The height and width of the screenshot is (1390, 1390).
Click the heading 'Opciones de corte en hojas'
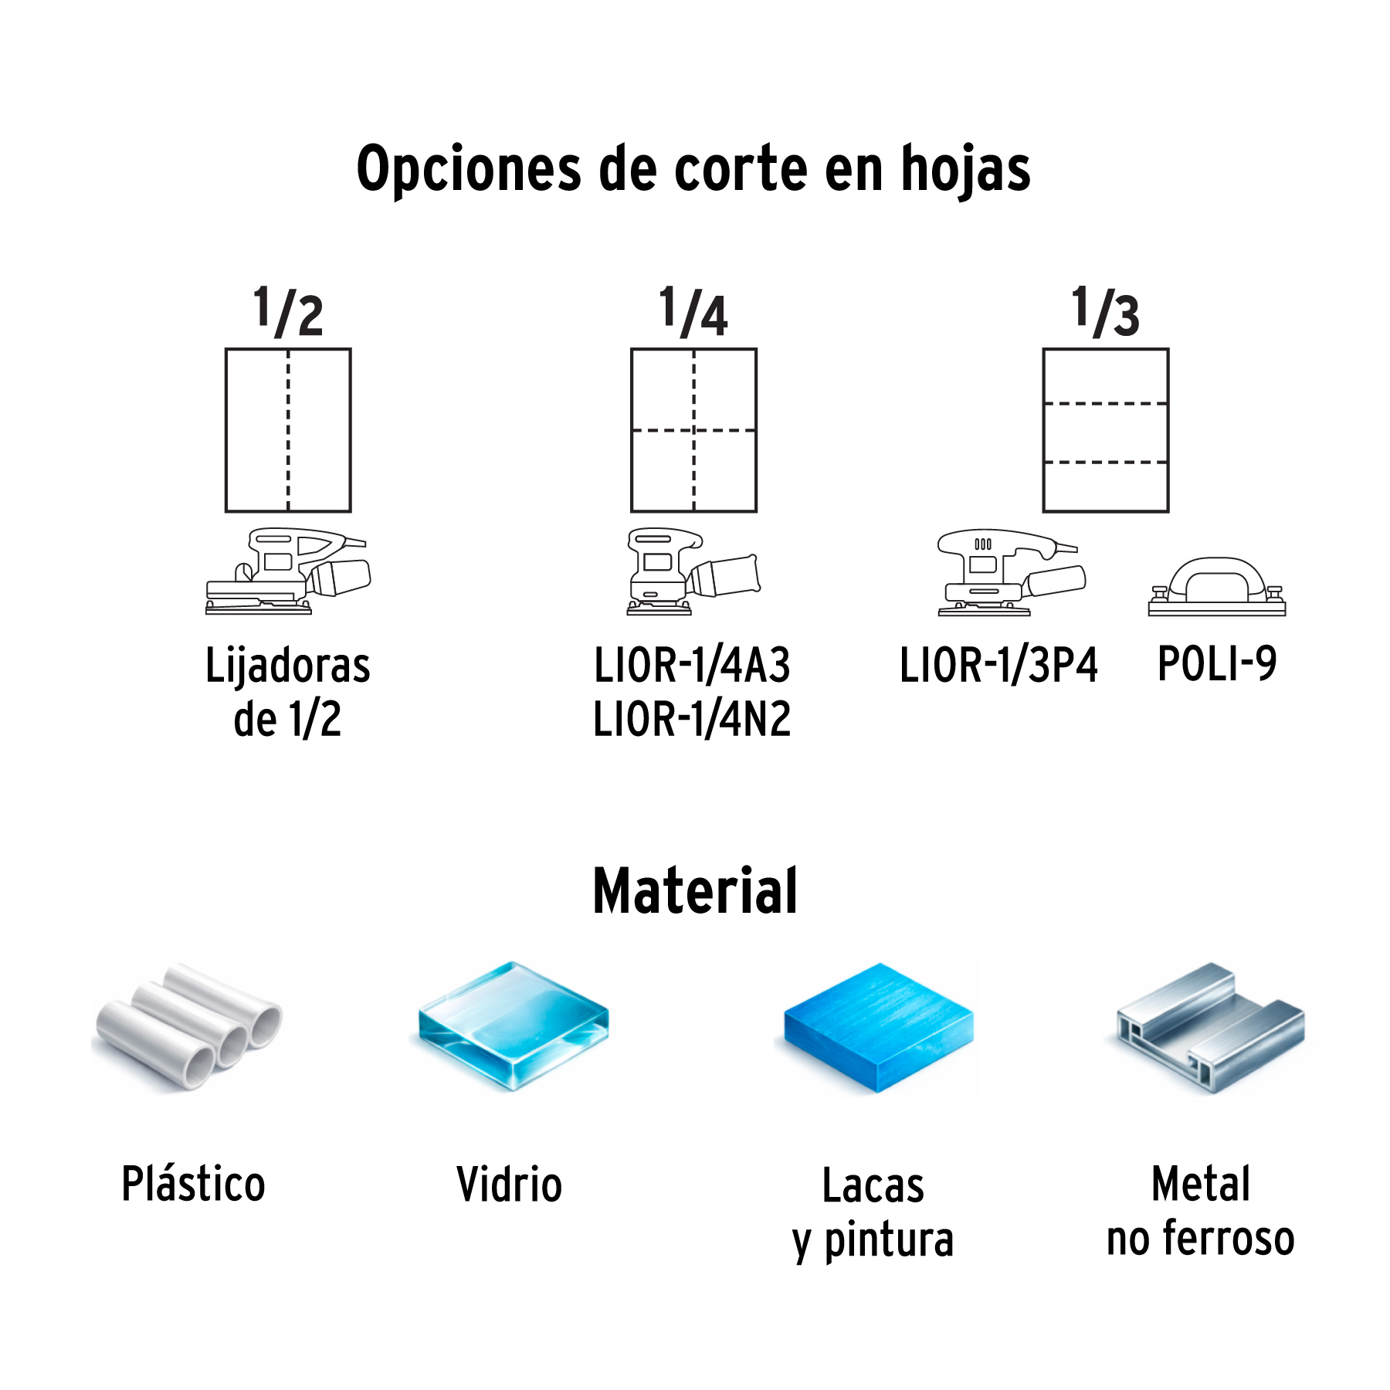pos(693,168)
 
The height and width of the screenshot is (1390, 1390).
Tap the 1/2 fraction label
pos(288,311)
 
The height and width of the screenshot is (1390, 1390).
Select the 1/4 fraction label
pos(693,311)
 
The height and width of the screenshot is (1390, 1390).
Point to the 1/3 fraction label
pos(1105,311)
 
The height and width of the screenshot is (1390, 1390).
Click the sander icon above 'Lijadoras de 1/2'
pos(288,571)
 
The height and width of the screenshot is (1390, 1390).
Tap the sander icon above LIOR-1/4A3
pos(693,571)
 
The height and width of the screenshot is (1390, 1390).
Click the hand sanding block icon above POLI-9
pos(1217,587)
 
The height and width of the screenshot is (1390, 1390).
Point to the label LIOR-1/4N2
pos(692,719)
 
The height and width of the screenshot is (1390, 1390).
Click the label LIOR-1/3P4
pos(998,665)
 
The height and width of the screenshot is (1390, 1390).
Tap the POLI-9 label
pos(1217,663)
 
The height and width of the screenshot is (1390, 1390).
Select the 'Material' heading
pos(695,891)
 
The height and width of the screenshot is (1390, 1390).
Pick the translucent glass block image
pos(514,1027)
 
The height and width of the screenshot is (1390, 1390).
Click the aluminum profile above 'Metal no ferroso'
pos(1210,1027)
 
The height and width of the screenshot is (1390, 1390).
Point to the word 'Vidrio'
pos(509,1185)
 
